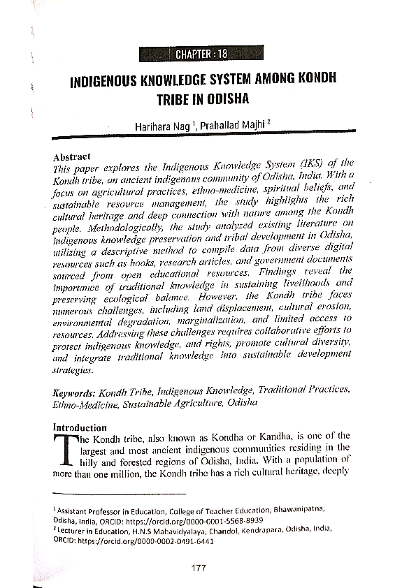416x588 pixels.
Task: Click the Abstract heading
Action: pos(73,158)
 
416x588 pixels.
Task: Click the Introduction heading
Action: pos(80,427)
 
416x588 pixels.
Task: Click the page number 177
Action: pos(198,568)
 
